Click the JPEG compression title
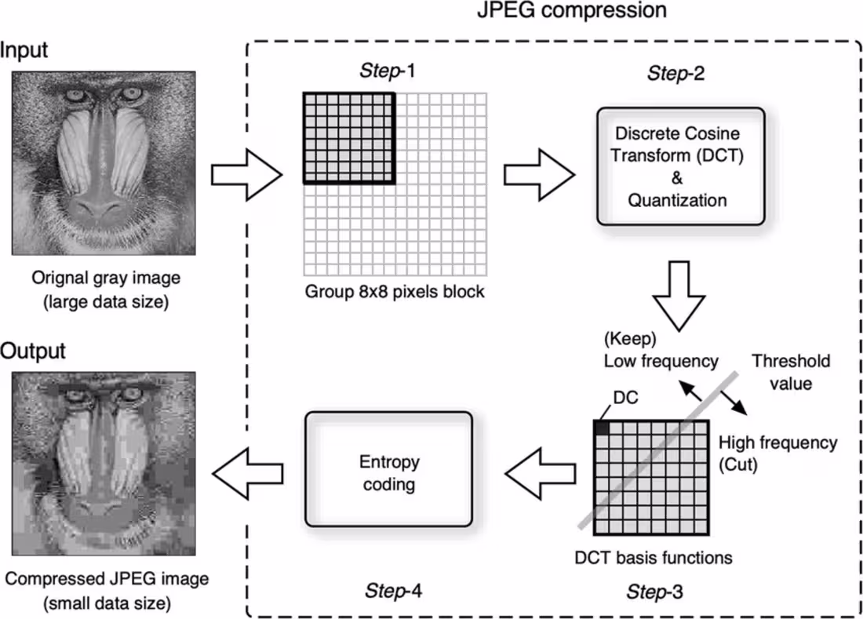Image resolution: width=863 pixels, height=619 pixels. click(x=572, y=11)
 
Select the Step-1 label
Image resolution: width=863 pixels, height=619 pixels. click(x=387, y=70)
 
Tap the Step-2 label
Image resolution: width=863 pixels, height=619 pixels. click(x=675, y=75)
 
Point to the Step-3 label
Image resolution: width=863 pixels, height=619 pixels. click(x=654, y=592)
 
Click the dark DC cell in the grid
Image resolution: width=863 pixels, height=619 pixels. click(x=602, y=428)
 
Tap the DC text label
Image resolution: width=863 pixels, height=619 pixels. click(x=626, y=398)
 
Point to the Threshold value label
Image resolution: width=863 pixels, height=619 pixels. click(x=790, y=373)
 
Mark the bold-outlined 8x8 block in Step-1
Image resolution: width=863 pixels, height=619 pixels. click(x=348, y=137)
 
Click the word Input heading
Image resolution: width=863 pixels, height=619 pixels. click(x=24, y=51)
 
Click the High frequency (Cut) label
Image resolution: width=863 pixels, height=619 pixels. click(x=777, y=453)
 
